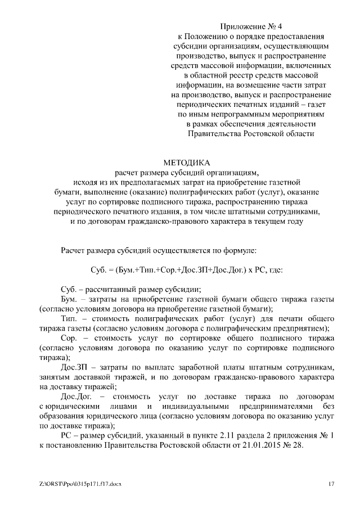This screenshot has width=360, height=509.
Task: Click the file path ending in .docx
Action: pos(76,484)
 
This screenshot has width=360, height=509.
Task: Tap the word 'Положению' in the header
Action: pos(208,36)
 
